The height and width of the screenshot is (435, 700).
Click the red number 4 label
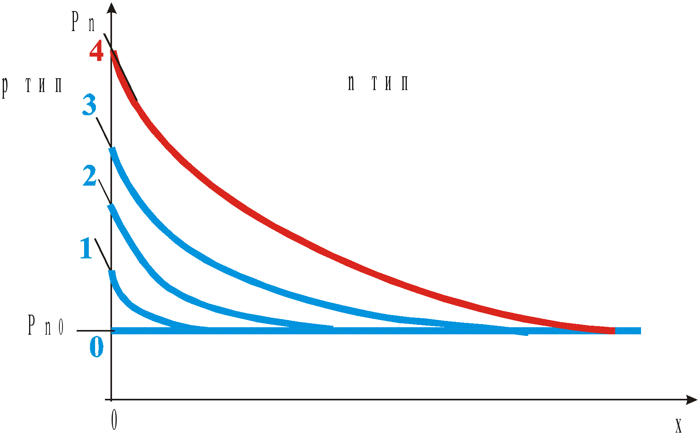pyautogui.click(x=96, y=51)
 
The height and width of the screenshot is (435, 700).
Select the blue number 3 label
pyautogui.click(x=90, y=105)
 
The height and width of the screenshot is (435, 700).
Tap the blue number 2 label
pyautogui.click(x=90, y=176)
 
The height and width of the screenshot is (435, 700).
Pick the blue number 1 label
pyautogui.click(x=86, y=248)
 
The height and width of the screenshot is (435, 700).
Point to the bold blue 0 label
pyautogui.click(x=97, y=347)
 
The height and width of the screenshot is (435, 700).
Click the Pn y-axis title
pyautogui.click(x=83, y=22)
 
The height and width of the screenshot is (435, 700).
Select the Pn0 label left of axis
pyautogui.click(x=46, y=326)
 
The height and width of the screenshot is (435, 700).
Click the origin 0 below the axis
pyautogui.click(x=114, y=420)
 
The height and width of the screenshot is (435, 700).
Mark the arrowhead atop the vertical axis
pyautogui.click(x=112, y=8)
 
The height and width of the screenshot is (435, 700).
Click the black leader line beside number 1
pyautogui.click(x=103, y=254)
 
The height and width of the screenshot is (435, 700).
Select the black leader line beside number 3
pyautogui.click(x=103, y=132)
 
